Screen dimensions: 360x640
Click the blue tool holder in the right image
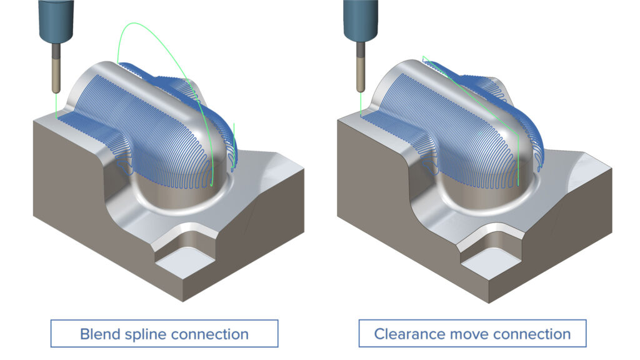click(361, 19)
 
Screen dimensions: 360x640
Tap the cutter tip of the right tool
click(361, 91)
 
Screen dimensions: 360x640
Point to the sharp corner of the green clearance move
click(423, 57)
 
